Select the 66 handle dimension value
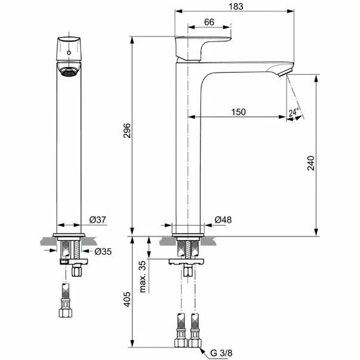point(209,22)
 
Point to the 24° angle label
point(293,112)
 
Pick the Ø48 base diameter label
point(223,220)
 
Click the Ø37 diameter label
point(97,220)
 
